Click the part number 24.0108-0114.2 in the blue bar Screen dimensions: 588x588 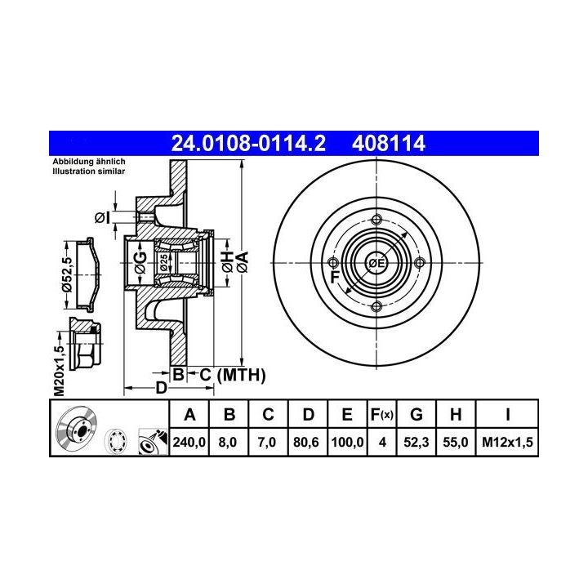click(248, 143)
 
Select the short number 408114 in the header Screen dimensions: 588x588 click(389, 143)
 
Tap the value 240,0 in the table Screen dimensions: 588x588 click(189, 443)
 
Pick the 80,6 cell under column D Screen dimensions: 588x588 click(306, 443)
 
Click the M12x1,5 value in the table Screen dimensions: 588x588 click(507, 443)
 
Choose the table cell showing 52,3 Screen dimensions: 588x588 click(416, 443)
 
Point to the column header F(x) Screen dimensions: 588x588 click(381, 415)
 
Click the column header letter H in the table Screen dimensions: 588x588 click(456, 415)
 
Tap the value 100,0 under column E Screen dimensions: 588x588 click(347, 443)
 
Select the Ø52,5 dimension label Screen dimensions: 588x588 click(67, 274)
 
